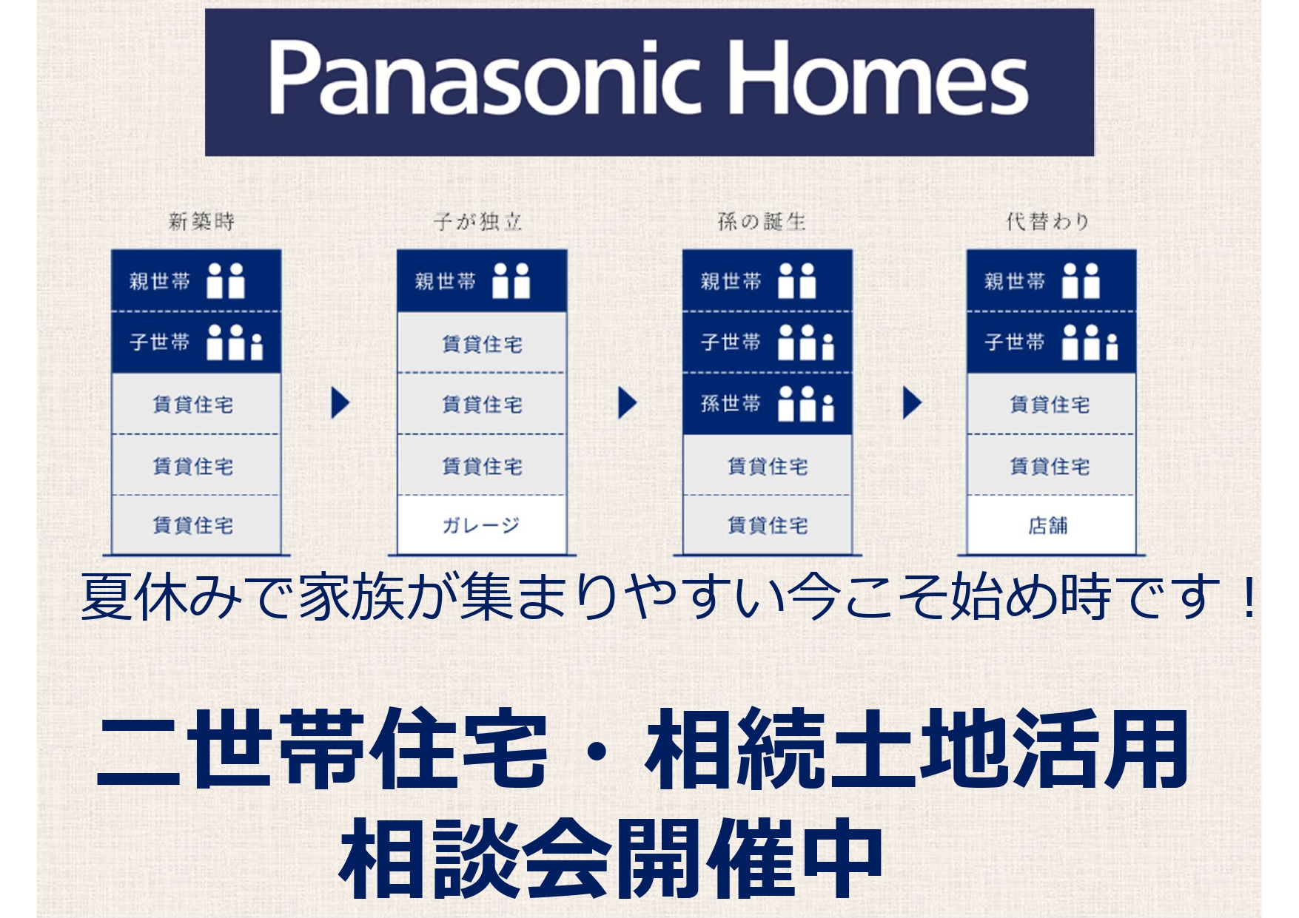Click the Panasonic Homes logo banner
649,82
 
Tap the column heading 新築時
201,221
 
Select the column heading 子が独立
478,221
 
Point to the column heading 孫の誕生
762,221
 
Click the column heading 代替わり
1047,221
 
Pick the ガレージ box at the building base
482,524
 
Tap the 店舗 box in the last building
1051,524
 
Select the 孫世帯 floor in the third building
768,404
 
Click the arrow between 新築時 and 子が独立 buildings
340,403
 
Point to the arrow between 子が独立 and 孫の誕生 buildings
627,403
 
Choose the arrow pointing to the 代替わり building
912,403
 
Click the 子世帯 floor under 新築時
196,342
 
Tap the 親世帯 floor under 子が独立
482,281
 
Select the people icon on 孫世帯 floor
806,404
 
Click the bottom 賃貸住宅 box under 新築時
196,524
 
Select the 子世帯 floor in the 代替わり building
1051,342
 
